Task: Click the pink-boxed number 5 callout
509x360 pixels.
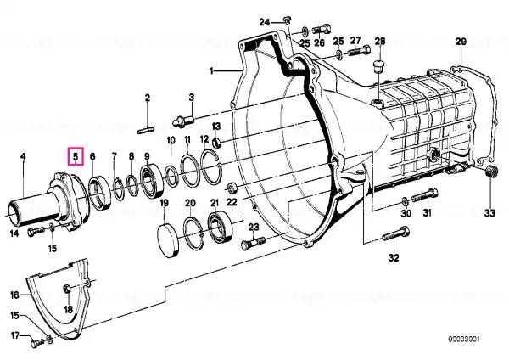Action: tap(76, 156)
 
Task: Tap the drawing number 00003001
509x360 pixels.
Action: tap(464, 340)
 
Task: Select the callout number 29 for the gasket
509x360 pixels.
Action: tap(461, 42)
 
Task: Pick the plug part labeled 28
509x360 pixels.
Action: tap(379, 67)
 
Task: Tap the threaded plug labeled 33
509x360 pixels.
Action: tap(492, 171)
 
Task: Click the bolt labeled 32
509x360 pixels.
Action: tap(395, 234)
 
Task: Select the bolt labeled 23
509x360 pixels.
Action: tap(253, 243)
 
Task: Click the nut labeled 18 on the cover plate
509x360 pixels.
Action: tap(67, 288)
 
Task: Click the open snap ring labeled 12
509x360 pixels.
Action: tap(211, 166)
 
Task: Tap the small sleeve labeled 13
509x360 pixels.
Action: tap(217, 143)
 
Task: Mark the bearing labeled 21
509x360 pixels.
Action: tap(220, 226)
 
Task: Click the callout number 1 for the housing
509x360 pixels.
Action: tap(211, 70)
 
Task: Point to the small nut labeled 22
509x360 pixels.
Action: tap(232, 188)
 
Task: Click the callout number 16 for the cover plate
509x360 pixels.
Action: tap(15, 295)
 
